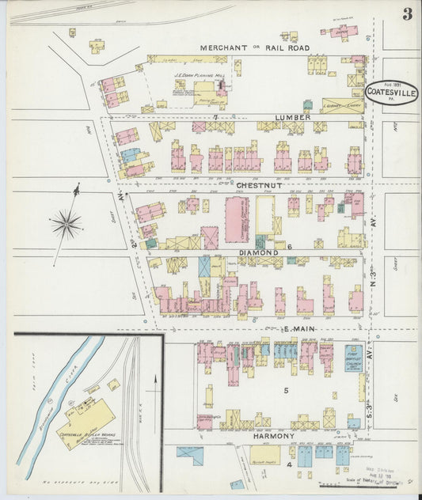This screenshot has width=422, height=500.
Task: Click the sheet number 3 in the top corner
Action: (406, 13)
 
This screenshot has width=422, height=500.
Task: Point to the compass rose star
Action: (67, 225)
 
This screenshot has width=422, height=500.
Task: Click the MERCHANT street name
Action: (225, 47)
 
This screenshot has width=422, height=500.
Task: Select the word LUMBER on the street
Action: (292, 117)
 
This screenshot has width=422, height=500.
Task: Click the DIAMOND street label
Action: (258, 252)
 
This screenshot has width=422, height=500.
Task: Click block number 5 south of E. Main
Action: (286, 390)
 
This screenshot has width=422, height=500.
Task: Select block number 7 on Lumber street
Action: (215, 117)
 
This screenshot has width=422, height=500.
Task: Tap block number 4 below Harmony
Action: (289, 465)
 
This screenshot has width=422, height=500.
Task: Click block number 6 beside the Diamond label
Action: (290, 247)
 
